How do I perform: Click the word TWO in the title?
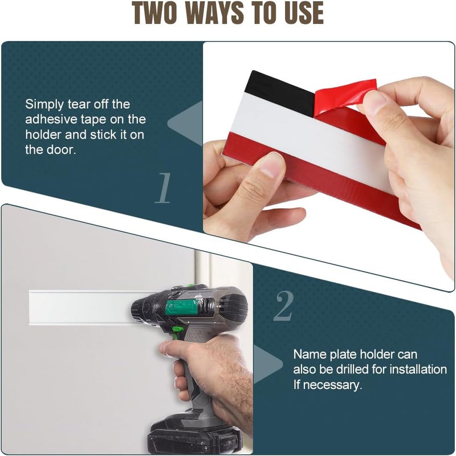(154, 13)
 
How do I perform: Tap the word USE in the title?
(304, 13)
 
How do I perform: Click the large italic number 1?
(164, 188)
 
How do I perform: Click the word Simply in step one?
(44, 105)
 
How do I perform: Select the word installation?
(418, 369)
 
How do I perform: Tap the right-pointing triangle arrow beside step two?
(268, 364)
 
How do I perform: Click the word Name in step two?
(310, 354)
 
